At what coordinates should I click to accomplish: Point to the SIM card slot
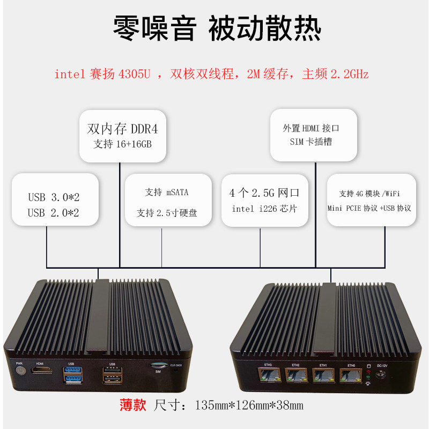(x=159, y=364)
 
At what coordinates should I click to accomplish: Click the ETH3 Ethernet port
(x=268, y=376)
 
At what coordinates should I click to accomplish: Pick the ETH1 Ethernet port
(x=323, y=376)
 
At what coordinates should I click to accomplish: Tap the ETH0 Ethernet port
(x=351, y=376)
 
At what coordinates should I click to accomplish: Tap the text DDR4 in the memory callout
(x=144, y=129)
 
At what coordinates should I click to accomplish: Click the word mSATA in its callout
(x=177, y=192)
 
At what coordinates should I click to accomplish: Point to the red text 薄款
(x=132, y=405)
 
